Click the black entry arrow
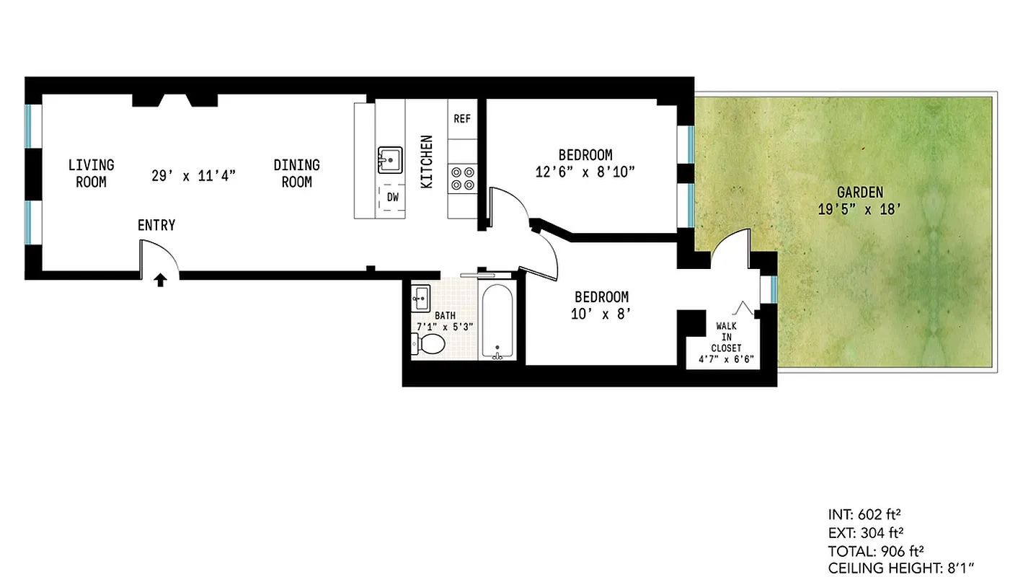(x=161, y=280)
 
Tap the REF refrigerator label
(x=462, y=118)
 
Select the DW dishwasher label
(x=392, y=197)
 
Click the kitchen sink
(x=390, y=159)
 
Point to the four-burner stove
(x=462, y=178)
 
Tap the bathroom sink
(x=420, y=296)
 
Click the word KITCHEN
(x=427, y=162)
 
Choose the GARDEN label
(x=860, y=193)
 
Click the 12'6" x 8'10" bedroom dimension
(x=585, y=172)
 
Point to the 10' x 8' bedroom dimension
(x=601, y=314)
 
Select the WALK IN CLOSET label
(x=727, y=337)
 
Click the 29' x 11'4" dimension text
(x=194, y=175)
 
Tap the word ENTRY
(x=156, y=226)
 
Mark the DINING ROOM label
(x=296, y=174)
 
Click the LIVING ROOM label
(x=91, y=174)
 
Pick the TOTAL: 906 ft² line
(x=876, y=550)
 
